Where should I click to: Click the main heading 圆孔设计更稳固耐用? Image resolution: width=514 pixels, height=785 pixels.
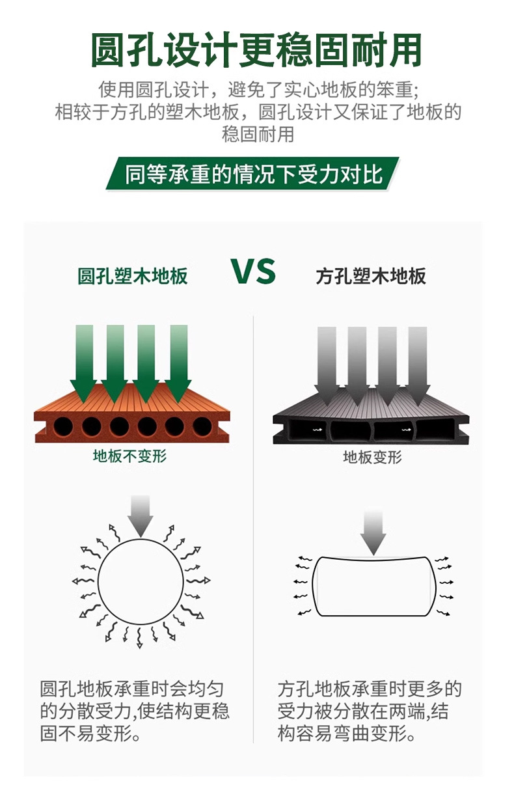(x=256, y=49)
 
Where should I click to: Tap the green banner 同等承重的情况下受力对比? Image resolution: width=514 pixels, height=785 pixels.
(x=254, y=174)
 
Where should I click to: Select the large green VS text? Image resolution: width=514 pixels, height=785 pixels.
(x=253, y=271)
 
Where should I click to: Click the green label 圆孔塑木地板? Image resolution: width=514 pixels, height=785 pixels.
(x=133, y=276)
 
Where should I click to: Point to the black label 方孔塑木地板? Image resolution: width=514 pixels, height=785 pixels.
(x=371, y=276)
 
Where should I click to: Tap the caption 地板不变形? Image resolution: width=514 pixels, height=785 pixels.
(x=130, y=456)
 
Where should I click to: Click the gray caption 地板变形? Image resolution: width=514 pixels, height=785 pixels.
(x=372, y=457)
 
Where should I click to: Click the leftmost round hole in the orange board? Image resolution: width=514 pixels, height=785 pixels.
(x=64, y=427)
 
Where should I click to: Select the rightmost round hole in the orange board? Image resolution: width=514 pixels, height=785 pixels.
(x=202, y=427)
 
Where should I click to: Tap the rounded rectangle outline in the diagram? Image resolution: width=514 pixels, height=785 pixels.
(x=372, y=586)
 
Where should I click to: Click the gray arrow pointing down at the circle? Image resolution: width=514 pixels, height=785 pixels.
(x=141, y=514)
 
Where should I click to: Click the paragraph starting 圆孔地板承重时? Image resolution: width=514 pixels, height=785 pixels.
(x=134, y=712)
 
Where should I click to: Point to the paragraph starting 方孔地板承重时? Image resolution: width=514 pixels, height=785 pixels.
(x=370, y=712)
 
